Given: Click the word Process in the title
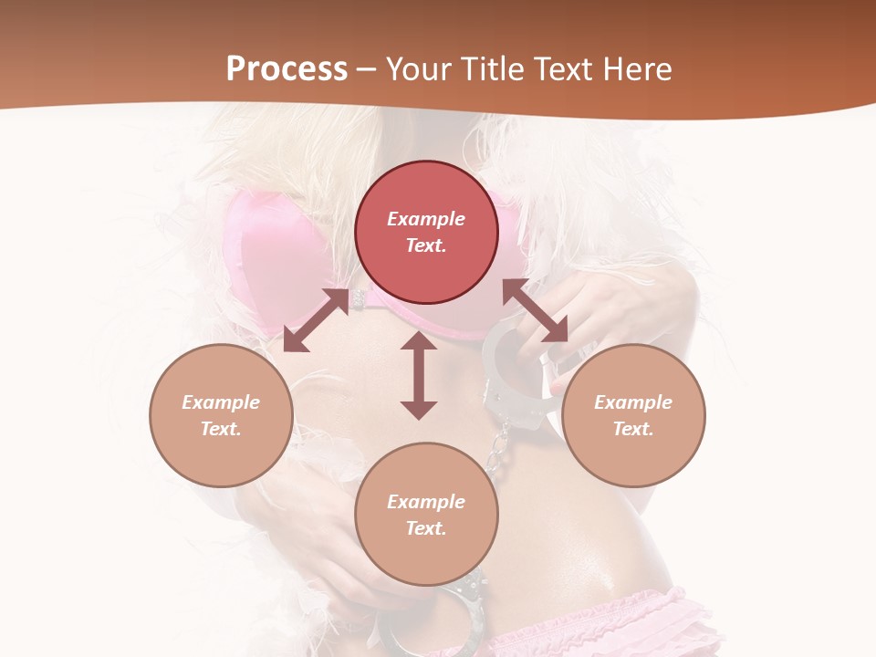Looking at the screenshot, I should click(x=287, y=69).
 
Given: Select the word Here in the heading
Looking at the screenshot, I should click(x=637, y=69).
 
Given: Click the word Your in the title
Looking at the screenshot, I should click(x=416, y=69).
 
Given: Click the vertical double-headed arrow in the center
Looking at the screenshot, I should click(x=419, y=375).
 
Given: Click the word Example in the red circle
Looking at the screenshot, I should click(x=426, y=219).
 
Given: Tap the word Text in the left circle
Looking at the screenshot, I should click(x=221, y=429).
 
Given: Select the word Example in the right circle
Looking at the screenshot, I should click(x=633, y=402).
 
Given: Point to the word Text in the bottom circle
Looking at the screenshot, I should click(x=426, y=528).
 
